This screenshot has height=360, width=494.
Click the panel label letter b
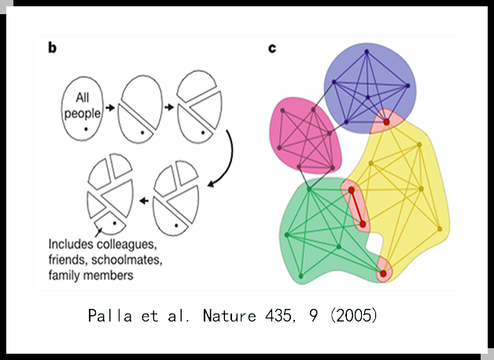[x=52, y=48]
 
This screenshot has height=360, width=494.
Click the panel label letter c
[x=272, y=48]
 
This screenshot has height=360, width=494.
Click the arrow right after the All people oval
[x=111, y=105]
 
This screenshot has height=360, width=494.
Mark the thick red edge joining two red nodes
[x=357, y=208]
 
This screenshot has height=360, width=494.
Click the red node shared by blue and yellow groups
[x=386, y=122]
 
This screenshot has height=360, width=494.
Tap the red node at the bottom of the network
[x=383, y=274]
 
